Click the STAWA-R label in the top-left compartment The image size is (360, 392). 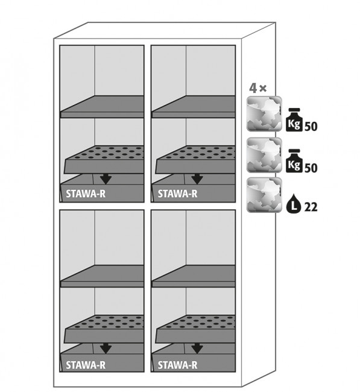(86, 194)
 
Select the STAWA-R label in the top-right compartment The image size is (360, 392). (177, 194)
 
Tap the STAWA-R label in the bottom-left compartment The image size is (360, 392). (86, 365)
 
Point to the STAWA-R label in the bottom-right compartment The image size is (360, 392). (177, 365)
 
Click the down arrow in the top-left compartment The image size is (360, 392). (106, 180)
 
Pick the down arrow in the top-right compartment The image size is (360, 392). (197, 180)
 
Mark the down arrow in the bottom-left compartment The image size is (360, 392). (106, 349)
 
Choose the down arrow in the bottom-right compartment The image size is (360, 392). (197, 349)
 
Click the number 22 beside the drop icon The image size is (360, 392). (311, 207)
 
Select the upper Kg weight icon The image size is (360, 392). (294, 120)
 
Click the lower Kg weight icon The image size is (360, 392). (294, 161)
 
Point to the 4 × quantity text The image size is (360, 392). (258, 88)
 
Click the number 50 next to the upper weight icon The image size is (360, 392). (311, 127)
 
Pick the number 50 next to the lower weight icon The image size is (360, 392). (311, 168)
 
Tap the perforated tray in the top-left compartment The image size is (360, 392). (104, 160)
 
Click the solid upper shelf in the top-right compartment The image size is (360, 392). (193, 107)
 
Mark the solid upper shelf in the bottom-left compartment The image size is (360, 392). (102, 276)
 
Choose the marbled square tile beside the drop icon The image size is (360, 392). (264, 195)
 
